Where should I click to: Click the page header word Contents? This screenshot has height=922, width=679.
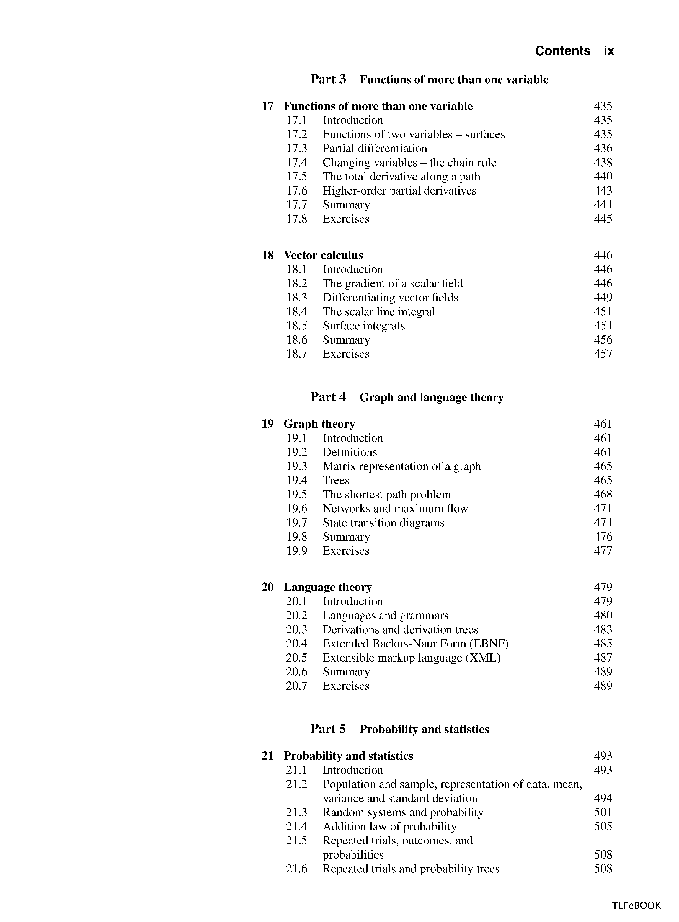coord(562,51)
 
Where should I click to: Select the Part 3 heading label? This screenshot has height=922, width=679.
coord(328,79)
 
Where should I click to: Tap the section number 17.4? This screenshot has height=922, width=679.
coord(296,163)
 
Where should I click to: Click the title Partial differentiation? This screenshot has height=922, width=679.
coord(374,149)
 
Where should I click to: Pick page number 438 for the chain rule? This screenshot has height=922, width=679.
coord(603,163)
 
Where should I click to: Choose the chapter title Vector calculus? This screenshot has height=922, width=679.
coord(323,255)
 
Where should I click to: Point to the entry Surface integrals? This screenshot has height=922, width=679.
coord(363,326)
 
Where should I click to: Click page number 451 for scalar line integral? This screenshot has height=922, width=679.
coord(603,311)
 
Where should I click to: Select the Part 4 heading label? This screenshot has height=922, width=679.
coord(328,397)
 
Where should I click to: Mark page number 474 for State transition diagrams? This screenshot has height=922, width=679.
coord(603,523)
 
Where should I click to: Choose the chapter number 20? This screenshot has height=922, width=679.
coord(267,587)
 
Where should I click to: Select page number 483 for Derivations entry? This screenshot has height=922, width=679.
coord(603,630)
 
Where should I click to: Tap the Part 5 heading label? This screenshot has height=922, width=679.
coord(328,729)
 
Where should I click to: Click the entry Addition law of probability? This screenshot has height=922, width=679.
coord(389,826)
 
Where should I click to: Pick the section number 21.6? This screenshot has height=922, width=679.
coord(296,869)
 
